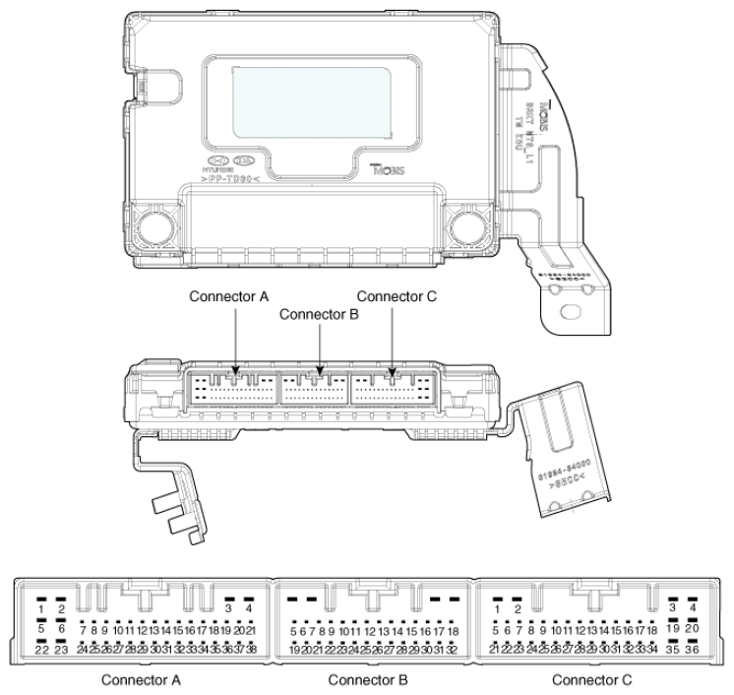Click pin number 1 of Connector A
[x=41, y=608]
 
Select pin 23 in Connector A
[x=61, y=650]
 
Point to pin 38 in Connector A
[x=251, y=650]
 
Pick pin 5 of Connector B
[x=294, y=630]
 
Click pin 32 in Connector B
[x=452, y=650]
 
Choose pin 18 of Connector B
[x=453, y=630]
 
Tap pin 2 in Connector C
[x=518, y=608]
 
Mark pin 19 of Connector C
[x=673, y=628]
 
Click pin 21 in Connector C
[x=496, y=650]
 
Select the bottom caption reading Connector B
[x=368, y=679]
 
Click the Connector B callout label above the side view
[x=318, y=315]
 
